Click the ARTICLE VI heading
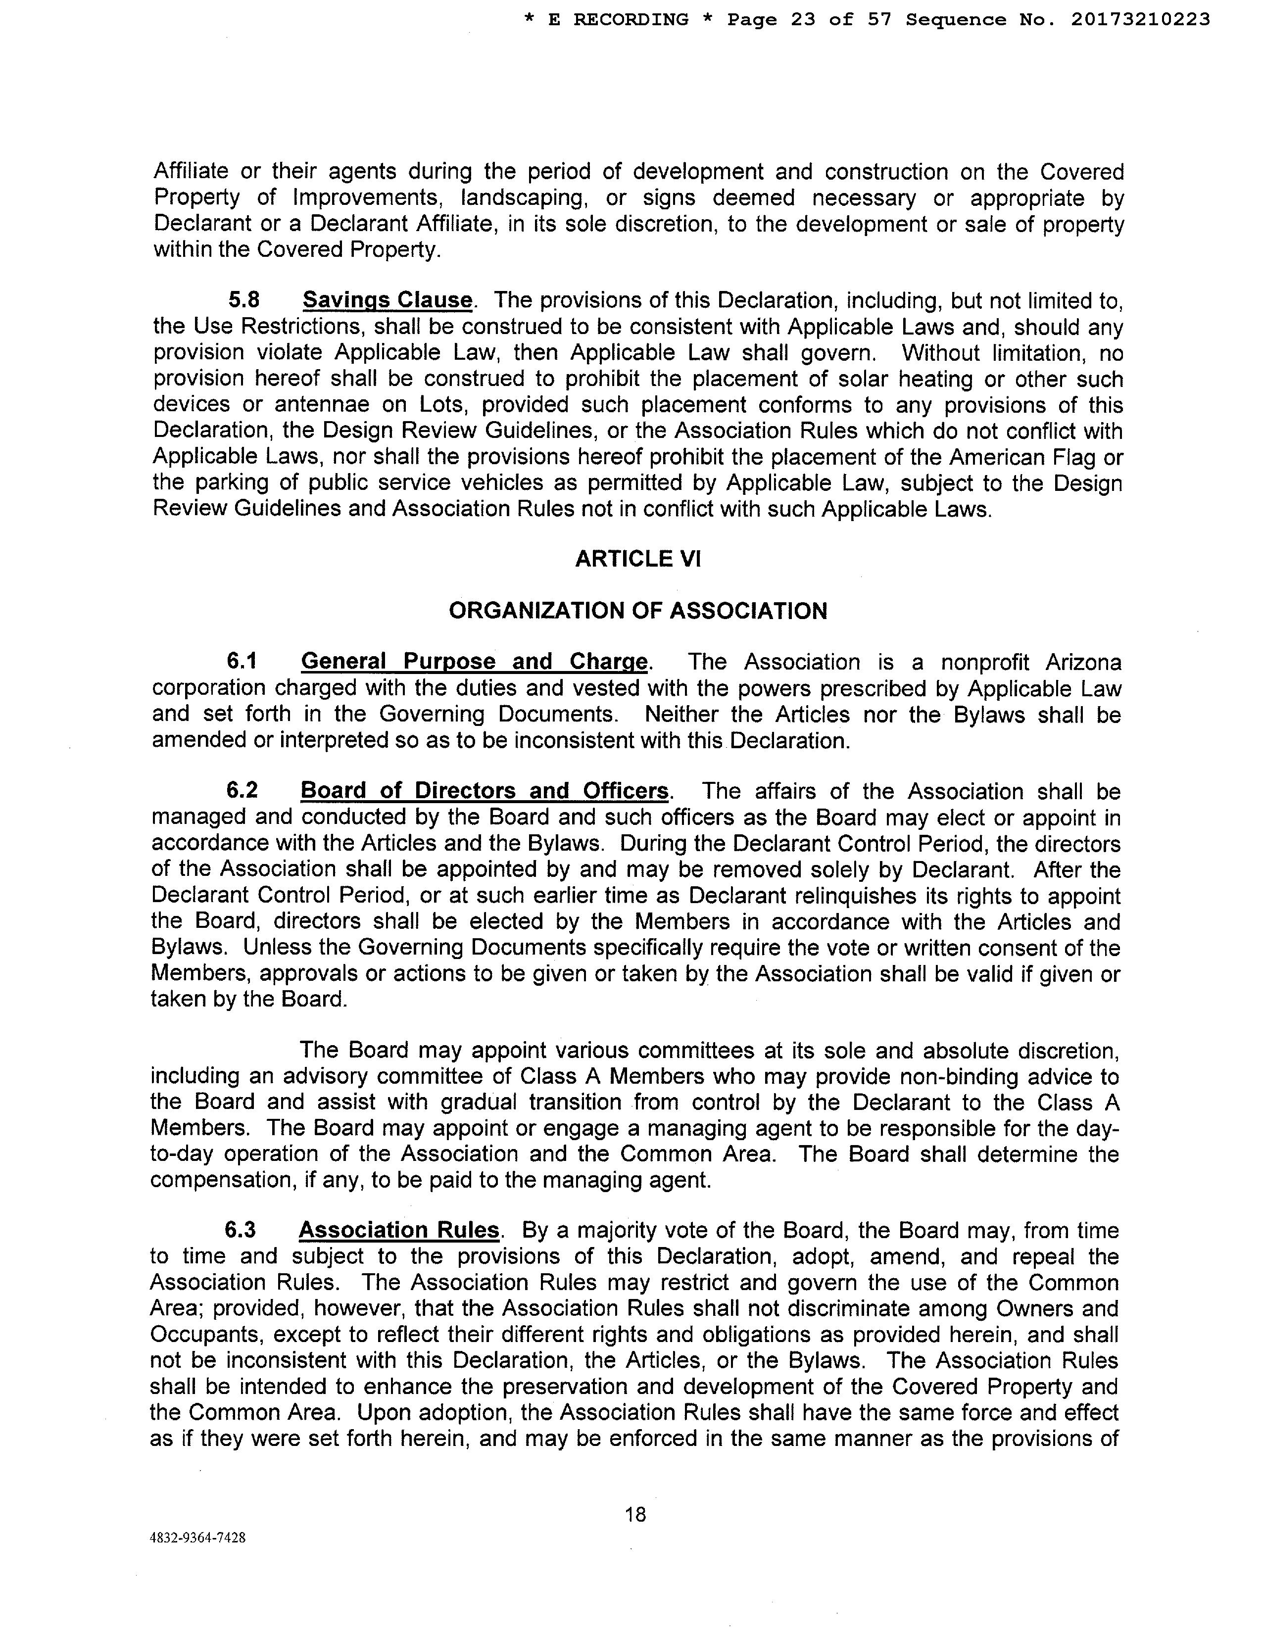638,559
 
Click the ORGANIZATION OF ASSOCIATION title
638,611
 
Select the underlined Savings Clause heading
388,300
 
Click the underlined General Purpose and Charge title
474,662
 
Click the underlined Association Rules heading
399,1231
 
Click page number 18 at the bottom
635,1515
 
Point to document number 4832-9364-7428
198,1538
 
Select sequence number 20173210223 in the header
1140,20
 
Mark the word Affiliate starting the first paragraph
191,172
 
